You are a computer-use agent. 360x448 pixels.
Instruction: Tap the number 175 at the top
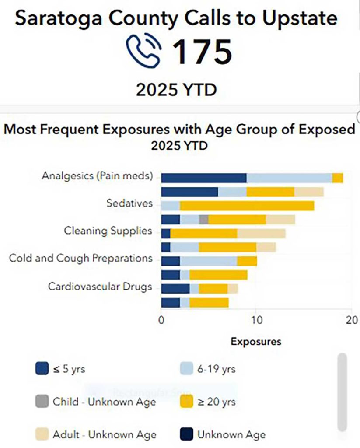pyautogui.click(x=202, y=52)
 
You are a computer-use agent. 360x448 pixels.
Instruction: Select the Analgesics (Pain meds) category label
pyautogui.click(x=97, y=176)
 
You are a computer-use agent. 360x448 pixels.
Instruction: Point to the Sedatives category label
pyautogui.click(x=129, y=203)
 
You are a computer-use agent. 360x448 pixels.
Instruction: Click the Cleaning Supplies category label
pyautogui.click(x=108, y=231)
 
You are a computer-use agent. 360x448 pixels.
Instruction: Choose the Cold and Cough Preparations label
pyautogui.click(x=81, y=258)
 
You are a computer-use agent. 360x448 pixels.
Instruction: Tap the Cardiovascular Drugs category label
pyautogui.click(x=100, y=287)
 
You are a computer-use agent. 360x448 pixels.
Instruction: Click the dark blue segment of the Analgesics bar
pyautogui.click(x=203, y=178)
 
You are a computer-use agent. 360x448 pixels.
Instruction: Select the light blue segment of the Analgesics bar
pyautogui.click(x=289, y=178)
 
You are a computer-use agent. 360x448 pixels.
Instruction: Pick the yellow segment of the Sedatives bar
pyautogui.click(x=247, y=205)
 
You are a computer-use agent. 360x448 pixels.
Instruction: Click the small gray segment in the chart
pyautogui.click(x=203, y=219)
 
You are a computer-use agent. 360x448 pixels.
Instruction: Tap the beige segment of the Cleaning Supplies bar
pyautogui.click(x=261, y=233)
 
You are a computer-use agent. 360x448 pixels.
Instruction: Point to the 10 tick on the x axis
pyautogui.click(x=256, y=320)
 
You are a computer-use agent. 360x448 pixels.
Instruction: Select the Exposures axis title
pyautogui.click(x=256, y=341)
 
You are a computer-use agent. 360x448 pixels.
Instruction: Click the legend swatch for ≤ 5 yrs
pyautogui.click(x=42, y=369)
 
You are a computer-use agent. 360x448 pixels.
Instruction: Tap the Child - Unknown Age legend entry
pyautogui.click(x=104, y=402)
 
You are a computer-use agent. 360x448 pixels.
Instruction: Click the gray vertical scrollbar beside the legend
pyautogui.click(x=342, y=393)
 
